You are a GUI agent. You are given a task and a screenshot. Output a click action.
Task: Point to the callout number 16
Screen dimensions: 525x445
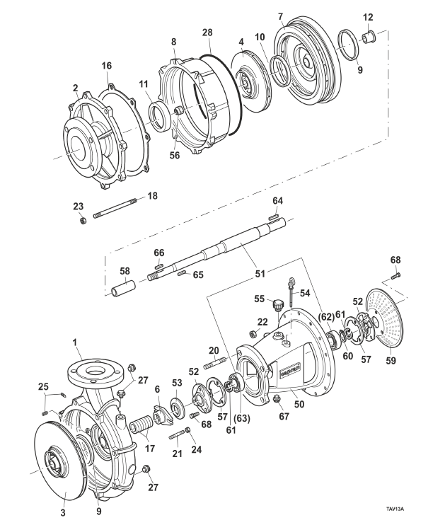[108, 65]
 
